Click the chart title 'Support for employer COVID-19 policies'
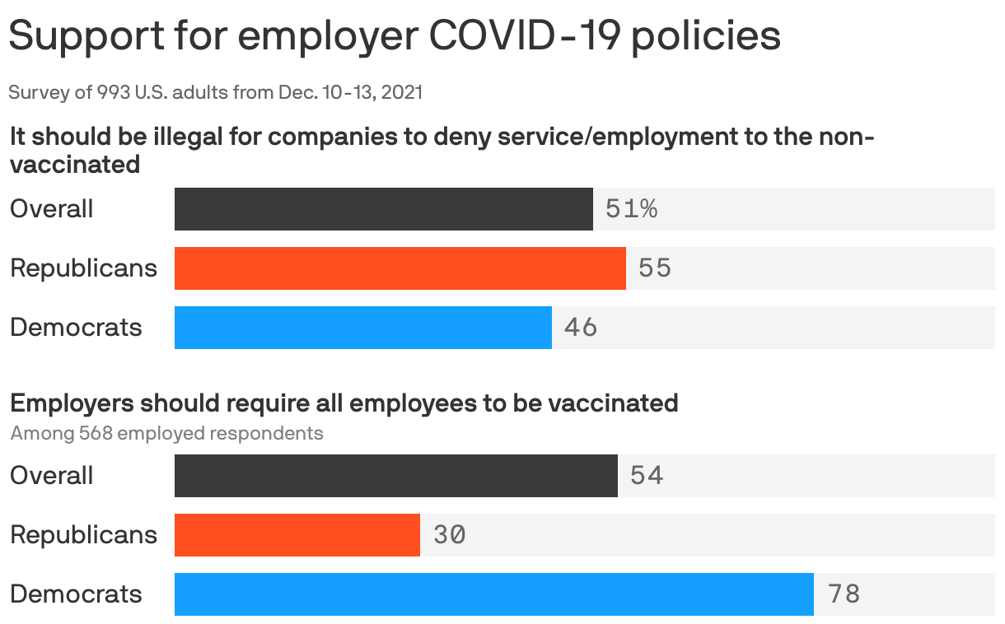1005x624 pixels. (x=395, y=36)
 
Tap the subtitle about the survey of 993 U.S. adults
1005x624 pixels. (x=215, y=92)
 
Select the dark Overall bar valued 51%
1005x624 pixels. (x=383, y=209)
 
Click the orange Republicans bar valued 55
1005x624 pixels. (x=400, y=268)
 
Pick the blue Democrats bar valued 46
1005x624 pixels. (x=362, y=328)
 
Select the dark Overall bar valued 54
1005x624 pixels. (x=395, y=476)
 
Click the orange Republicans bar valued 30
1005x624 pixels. (x=297, y=535)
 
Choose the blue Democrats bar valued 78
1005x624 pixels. (x=493, y=594)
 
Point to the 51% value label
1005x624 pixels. (x=631, y=209)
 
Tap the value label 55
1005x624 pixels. (x=655, y=268)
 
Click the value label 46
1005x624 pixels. (x=581, y=328)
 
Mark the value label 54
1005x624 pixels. (x=647, y=476)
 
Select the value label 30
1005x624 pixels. (x=449, y=535)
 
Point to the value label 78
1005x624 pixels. (x=844, y=594)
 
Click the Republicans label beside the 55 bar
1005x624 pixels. (x=83, y=268)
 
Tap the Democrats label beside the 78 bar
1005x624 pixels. (x=76, y=594)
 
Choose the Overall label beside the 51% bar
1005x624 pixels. (x=51, y=209)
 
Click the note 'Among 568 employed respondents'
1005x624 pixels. (x=166, y=433)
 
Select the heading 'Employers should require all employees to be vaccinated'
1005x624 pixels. (x=344, y=403)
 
